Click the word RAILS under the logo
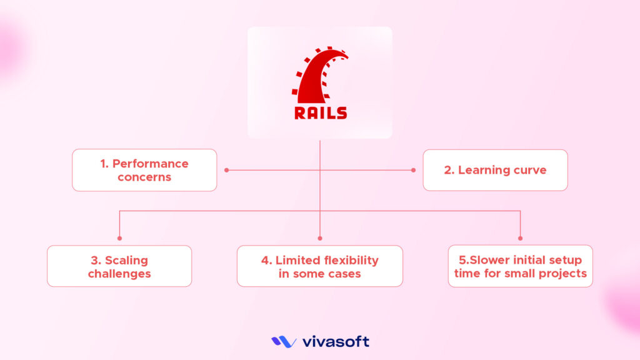coord(320,113)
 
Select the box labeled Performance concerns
coord(144,170)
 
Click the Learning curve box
coord(495,170)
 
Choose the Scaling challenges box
coord(119,266)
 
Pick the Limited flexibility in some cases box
coord(320,266)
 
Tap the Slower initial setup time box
coord(520,266)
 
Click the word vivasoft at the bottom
coord(336,342)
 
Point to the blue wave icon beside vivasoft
coord(284,342)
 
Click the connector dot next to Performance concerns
coord(226,170)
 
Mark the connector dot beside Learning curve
coord(414,170)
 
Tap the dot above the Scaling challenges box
coord(119,238)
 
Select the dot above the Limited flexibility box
coord(320,238)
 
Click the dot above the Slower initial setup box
coord(520,238)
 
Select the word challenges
coord(119,274)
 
